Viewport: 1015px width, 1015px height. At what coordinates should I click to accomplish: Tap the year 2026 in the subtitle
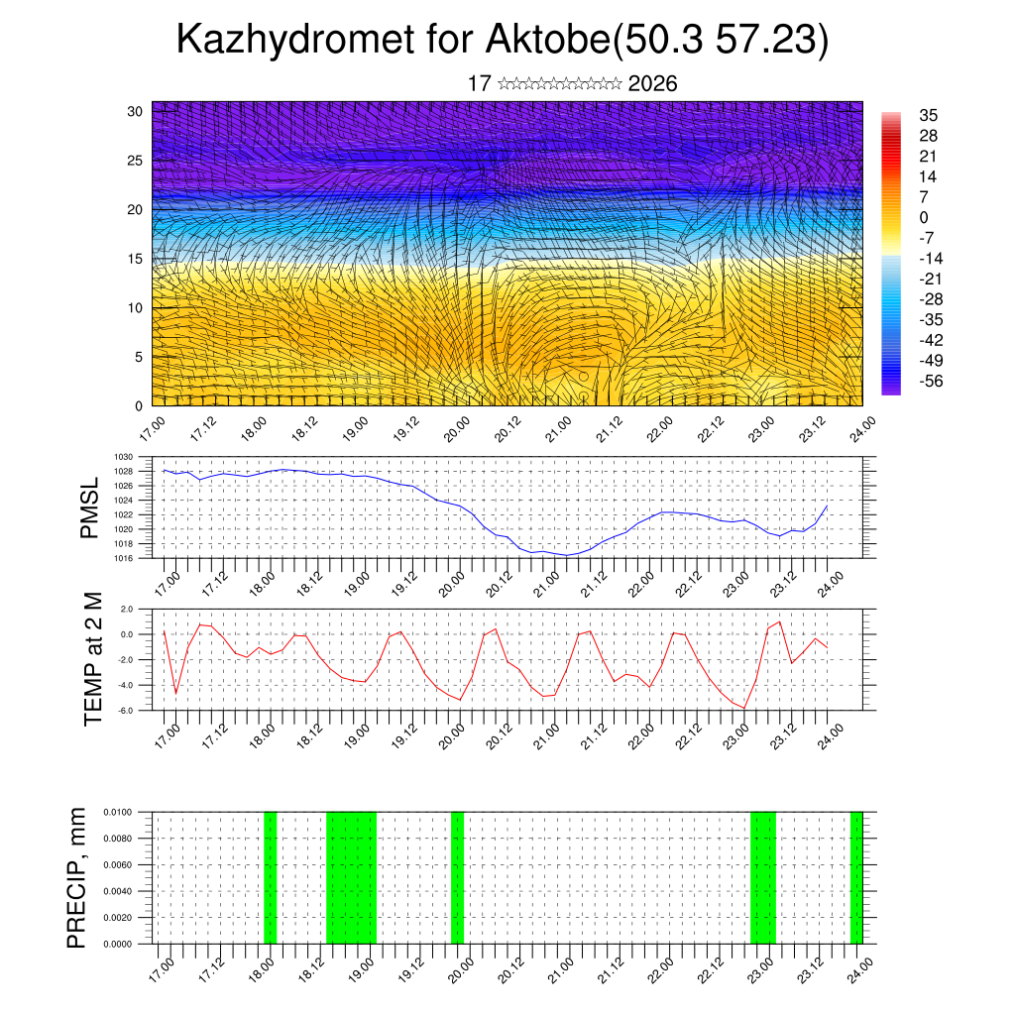pos(652,84)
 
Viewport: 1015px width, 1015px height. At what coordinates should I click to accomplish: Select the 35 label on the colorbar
pos(929,115)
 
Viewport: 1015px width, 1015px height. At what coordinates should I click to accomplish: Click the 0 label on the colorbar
pos(925,217)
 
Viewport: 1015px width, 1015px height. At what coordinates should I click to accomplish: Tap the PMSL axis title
pos(90,507)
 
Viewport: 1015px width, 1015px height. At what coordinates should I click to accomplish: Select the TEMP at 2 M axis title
pos(93,658)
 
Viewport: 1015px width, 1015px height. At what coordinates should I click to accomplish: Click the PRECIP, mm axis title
pos(77,877)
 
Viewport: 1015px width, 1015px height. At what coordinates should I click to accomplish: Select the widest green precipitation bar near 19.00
pos(351,877)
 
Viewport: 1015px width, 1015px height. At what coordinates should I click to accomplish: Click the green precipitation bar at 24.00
pos(856,877)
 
